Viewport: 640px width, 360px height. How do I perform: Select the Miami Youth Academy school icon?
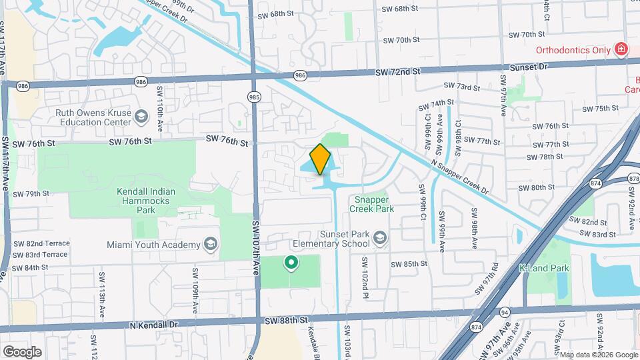(x=211, y=243)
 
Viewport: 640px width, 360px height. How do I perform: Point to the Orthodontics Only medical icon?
(x=621, y=49)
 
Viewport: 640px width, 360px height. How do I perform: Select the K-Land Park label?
(x=544, y=268)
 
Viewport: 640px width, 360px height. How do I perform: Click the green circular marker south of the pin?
(x=291, y=263)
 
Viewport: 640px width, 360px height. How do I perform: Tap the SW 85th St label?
(x=409, y=263)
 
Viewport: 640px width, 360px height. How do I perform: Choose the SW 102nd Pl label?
(x=365, y=273)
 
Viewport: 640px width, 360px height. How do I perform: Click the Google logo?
(x=22, y=351)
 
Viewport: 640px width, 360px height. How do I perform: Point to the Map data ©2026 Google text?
(x=598, y=355)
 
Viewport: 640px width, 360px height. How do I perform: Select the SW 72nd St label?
(x=398, y=71)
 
